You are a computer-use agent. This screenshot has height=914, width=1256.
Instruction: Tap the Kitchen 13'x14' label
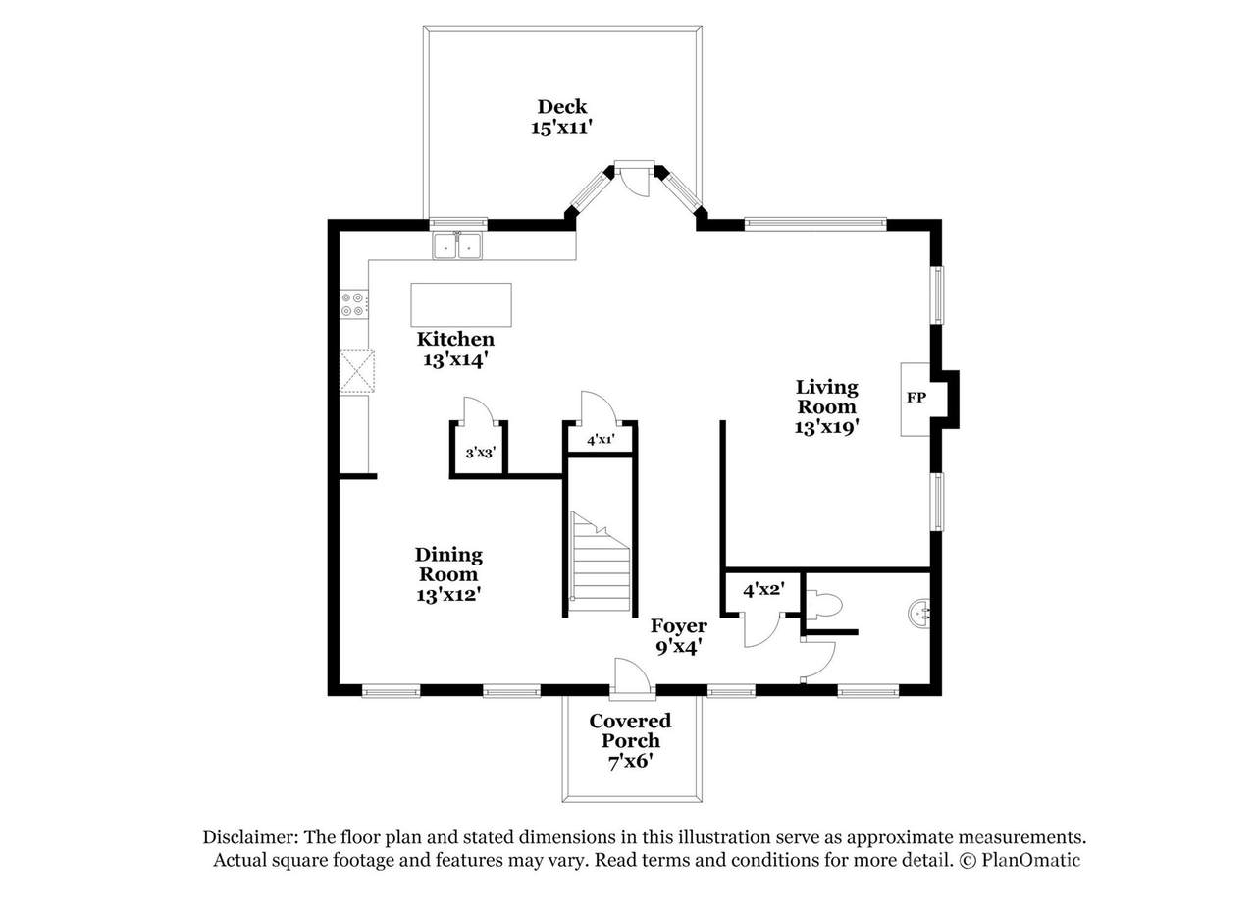[x=454, y=349]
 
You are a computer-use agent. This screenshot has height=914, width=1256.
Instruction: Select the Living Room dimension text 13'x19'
[x=826, y=427]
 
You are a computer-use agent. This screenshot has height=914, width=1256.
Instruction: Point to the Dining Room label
[x=448, y=565]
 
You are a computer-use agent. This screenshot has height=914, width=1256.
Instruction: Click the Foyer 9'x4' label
[x=678, y=637]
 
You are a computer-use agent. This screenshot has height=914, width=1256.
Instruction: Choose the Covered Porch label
[x=630, y=730]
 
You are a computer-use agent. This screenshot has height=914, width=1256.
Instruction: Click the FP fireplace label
[x=916, y=398]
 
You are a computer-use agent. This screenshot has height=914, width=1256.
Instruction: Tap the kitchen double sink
[x=457, y=245]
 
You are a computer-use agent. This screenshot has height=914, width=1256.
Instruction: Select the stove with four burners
[x=353, y=303]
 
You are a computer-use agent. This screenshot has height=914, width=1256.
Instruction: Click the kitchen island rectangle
[x=461, y=304]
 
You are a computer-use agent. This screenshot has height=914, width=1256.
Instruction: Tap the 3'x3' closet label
[x=480, y=453]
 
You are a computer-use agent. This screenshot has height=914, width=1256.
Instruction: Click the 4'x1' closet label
[x=601, y=440]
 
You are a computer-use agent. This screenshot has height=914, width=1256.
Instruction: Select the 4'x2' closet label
[x=763, y=590]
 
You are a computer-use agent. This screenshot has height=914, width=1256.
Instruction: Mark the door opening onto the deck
[x=635, y=180]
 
